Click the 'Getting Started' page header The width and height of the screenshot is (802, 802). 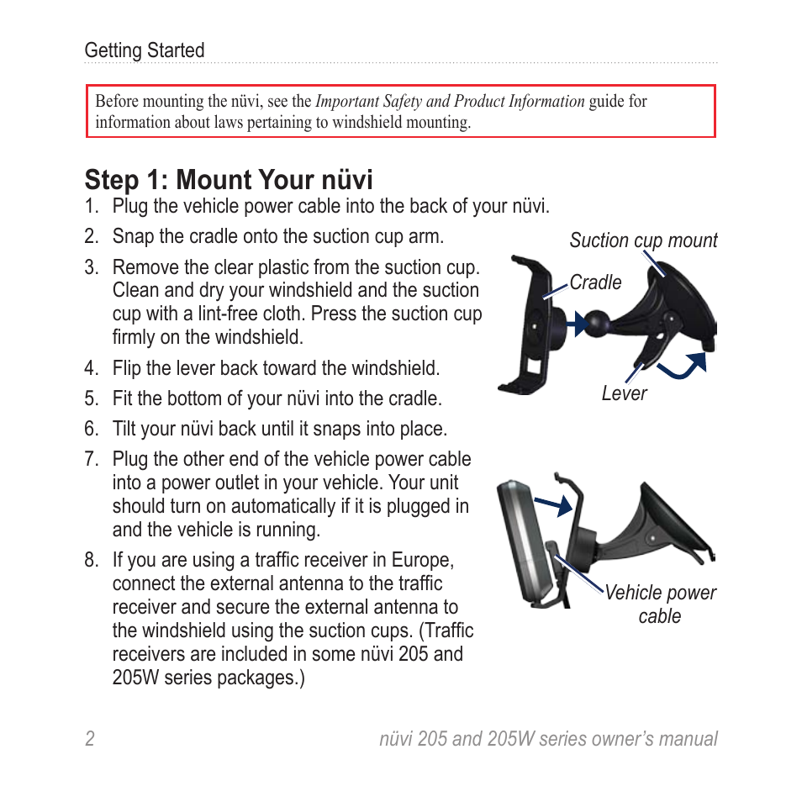144,50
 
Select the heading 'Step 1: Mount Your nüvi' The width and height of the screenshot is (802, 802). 229,179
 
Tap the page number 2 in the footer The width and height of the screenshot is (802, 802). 89,739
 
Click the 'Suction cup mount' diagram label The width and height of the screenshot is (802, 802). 643,240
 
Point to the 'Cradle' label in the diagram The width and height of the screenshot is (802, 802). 595,282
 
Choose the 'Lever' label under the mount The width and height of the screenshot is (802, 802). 624,393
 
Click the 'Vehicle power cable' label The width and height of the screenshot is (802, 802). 660,604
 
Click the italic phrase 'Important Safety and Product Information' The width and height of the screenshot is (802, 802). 450,101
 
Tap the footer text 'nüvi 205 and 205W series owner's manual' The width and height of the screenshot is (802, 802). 548,739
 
